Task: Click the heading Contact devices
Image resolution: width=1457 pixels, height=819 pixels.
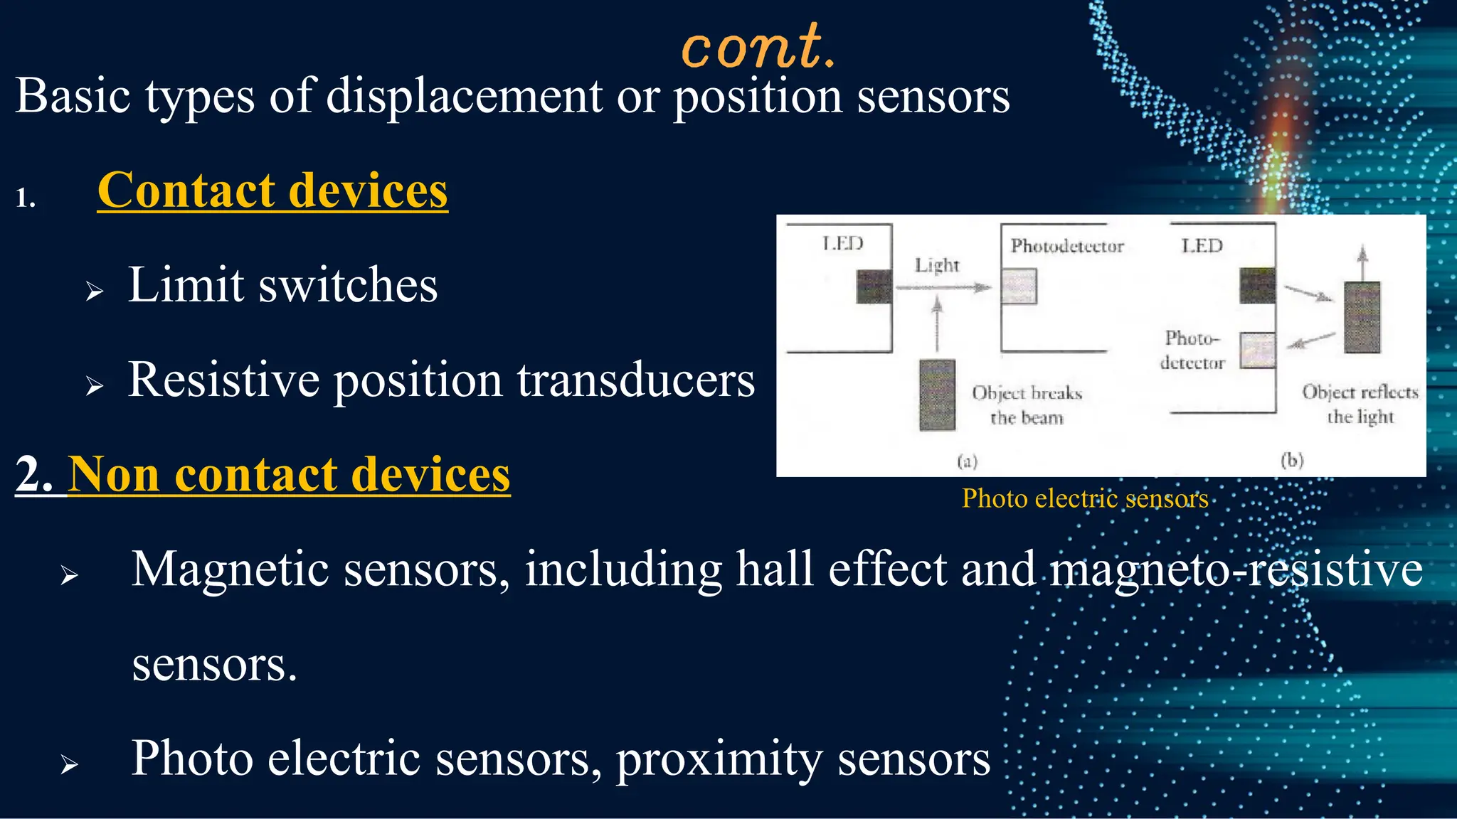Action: pyautogui.click(x=272, y=191)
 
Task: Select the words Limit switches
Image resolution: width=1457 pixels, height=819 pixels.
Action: pyautogui.click(x=282, y=285)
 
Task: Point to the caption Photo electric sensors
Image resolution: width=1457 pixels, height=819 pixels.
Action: pyautogui.click(x=1085, y=498)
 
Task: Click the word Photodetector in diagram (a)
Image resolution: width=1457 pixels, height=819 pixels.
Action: pyautogui.click(x=1067, y=246)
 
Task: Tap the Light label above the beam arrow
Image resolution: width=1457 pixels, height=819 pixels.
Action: pyautogui.click(x=937, y=265)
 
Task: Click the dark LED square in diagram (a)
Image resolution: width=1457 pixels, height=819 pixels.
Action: pyautogui.click(x=874, y=287)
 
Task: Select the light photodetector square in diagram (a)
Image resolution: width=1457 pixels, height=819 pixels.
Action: pyautogui.click(x=1019, y=287)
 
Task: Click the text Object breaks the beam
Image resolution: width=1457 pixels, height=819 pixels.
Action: pyautogui.click(x=1027, y=405)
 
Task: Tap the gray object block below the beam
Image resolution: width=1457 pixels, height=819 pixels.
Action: pyautogui.click(x=937, y=395)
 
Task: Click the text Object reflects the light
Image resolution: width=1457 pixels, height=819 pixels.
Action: pyautogui.click(x=1360, y=404)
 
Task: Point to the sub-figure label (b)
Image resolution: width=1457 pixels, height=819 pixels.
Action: pyautogui.click(x=1292, y=461)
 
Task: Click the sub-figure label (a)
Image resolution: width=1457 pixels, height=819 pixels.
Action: pyautogui.click(x=967, y=461)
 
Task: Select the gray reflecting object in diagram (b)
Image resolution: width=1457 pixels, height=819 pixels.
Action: pyautogui.click(x=1362, y=317)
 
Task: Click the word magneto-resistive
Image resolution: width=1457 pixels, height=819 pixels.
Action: pyautogui.click(x=1236, y=569)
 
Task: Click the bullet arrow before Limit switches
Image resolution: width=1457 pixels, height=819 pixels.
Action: pyautogui.click(x=95, y=291)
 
